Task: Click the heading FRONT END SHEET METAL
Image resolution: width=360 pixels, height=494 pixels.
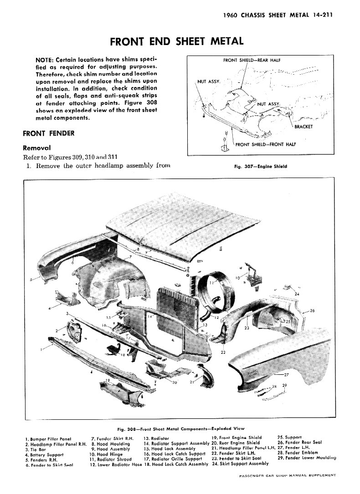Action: [x=177, y=41]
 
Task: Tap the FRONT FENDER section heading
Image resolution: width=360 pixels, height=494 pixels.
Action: [x=48, y=133]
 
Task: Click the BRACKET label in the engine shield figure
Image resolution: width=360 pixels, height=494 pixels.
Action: [x=303, y=127]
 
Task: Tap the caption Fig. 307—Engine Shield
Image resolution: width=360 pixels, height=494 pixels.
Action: [x=260, y=167]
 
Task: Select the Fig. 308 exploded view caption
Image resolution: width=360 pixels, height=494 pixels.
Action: [x=180, y=428]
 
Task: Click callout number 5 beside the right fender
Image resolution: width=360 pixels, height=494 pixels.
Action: [x=31, y=279]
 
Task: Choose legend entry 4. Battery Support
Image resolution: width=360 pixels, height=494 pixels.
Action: [x=44, y=454]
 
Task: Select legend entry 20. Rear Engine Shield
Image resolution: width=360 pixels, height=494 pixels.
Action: [x=236, y=443]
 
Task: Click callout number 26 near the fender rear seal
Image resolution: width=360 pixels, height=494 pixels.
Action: [x=312, y=311]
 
